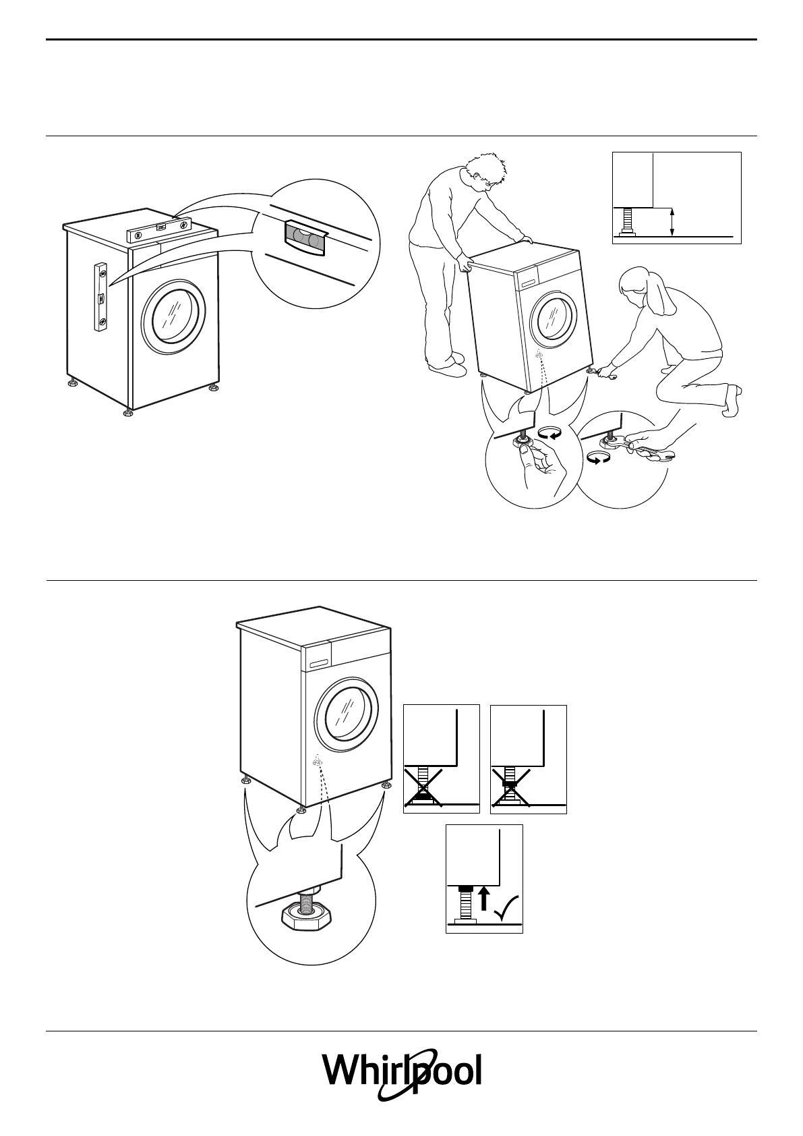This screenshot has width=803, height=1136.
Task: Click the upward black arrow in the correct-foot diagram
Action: [483, 899]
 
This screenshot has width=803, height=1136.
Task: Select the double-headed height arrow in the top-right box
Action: [672, 223]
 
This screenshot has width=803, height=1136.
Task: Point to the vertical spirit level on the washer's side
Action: [101, 297]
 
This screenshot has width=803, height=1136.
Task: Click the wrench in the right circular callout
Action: [651, 449]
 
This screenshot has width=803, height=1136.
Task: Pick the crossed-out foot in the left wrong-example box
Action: [423, 787]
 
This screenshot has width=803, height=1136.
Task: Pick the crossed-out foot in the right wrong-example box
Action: [510, 787]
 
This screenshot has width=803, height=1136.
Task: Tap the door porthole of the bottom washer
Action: [347, 720]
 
